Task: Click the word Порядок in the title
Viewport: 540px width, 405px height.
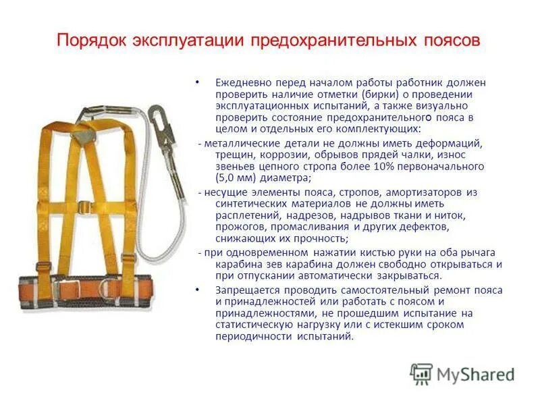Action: [x=92, y=40]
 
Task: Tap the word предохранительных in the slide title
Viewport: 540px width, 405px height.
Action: [x=327, y=40]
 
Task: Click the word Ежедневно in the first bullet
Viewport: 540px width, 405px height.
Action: [x=242, y=82]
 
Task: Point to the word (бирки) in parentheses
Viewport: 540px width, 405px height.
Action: [x=380, y=94]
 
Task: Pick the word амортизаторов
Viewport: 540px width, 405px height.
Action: [x=429, y=193]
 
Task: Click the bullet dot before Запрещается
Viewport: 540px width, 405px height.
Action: [x=197, y=289]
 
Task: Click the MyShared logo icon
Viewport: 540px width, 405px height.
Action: [x=421, y=374]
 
